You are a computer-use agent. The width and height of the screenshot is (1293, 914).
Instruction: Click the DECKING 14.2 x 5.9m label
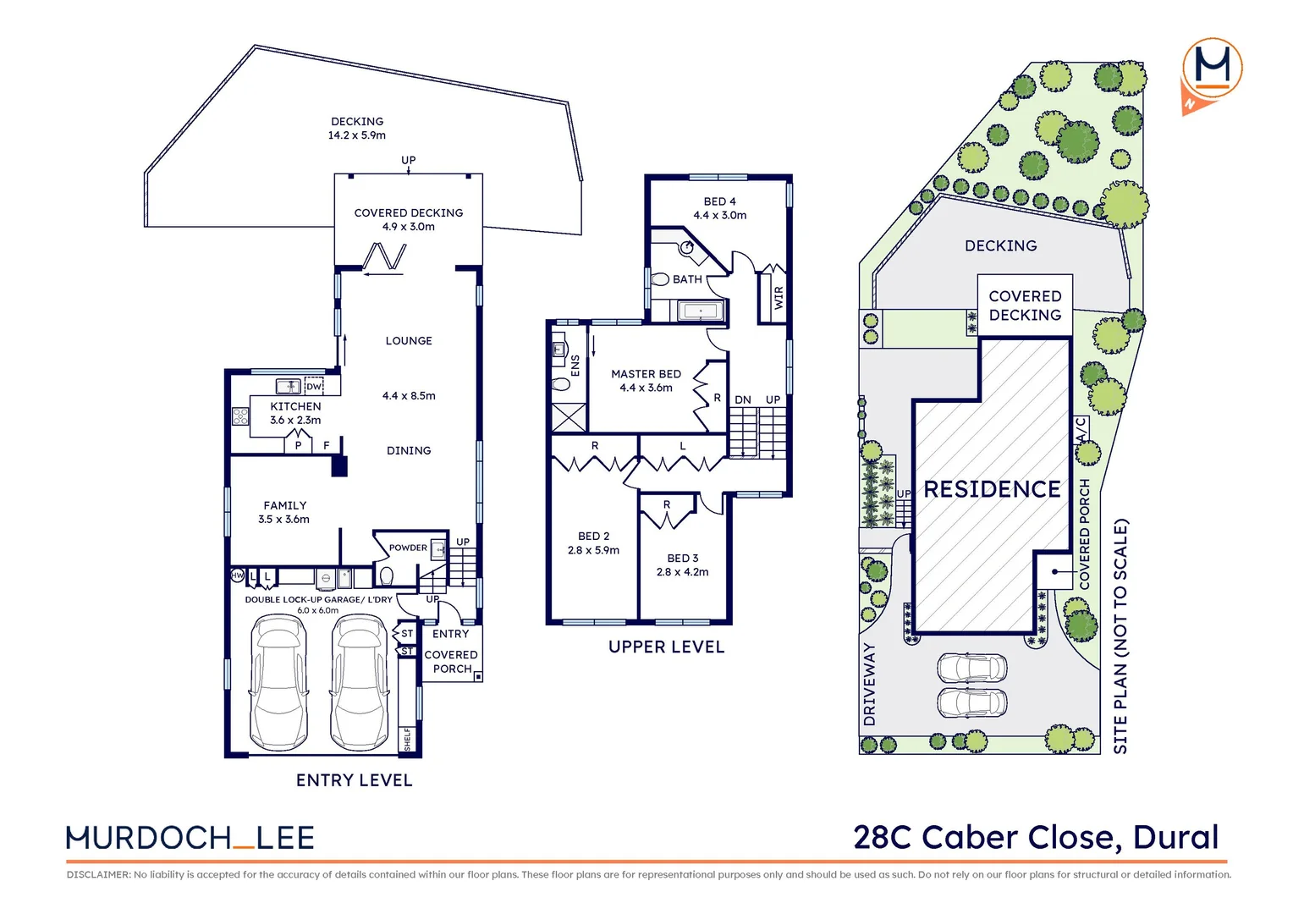[357, 129]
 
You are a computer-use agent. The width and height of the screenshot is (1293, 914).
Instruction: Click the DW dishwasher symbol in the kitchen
[314, 387]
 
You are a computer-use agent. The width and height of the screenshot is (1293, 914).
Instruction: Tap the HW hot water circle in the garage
[238, 576]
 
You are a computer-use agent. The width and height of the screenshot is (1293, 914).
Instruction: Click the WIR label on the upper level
[779, 297]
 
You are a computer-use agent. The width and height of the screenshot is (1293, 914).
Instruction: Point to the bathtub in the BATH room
[701, 311]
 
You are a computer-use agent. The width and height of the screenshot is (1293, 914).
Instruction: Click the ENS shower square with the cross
[568, 418]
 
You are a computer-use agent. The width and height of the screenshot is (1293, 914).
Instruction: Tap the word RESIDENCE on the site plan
[992, 489]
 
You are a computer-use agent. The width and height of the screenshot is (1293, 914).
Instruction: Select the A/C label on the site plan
[1081, 429]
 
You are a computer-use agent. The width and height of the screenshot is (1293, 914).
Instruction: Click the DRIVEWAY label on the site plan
[870, 684]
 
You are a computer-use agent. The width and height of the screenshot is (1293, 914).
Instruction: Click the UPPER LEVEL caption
[666, 647]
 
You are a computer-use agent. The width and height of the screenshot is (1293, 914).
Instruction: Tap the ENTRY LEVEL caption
[354, 780]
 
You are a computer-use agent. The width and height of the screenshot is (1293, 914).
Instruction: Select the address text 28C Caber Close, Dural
[1036, 837]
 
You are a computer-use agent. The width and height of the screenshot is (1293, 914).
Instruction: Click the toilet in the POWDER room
[387, 577]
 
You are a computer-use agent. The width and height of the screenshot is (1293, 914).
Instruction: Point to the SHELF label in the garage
[407, 738]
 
